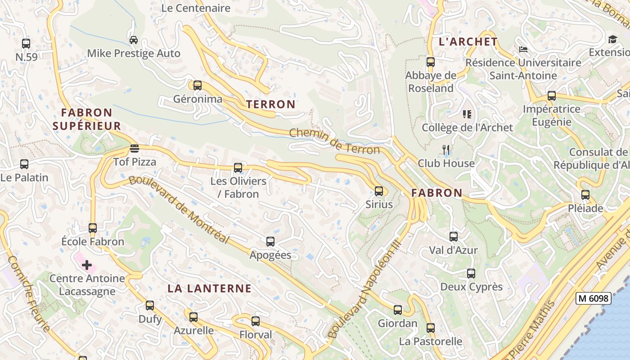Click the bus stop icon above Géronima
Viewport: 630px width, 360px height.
point(197,85)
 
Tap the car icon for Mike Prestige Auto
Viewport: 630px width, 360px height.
point(134,40)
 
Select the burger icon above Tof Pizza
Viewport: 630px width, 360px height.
point(134,148)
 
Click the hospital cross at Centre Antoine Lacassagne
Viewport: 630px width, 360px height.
point(87,265)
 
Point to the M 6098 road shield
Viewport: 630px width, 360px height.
point(593,298)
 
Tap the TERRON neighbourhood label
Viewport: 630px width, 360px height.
point(271,104)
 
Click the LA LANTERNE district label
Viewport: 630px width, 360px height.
point(209,288)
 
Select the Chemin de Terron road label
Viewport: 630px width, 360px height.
point(334,140)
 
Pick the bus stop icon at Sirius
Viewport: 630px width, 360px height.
point(379,191)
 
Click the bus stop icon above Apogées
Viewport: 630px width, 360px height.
point(270,242)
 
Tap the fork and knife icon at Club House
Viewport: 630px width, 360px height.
point(446,150)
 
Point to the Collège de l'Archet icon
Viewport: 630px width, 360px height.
point(467,114)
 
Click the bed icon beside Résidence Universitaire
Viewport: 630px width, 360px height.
point(523,49)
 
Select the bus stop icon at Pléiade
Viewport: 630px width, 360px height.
point(585,195)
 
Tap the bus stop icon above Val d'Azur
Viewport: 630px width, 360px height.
point(454,237)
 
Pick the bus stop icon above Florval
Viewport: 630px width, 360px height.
point(256,321)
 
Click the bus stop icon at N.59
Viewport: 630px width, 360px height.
point(26,44)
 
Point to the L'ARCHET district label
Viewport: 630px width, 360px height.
point(468,42)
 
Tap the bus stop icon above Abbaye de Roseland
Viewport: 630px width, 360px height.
point(431,62)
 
